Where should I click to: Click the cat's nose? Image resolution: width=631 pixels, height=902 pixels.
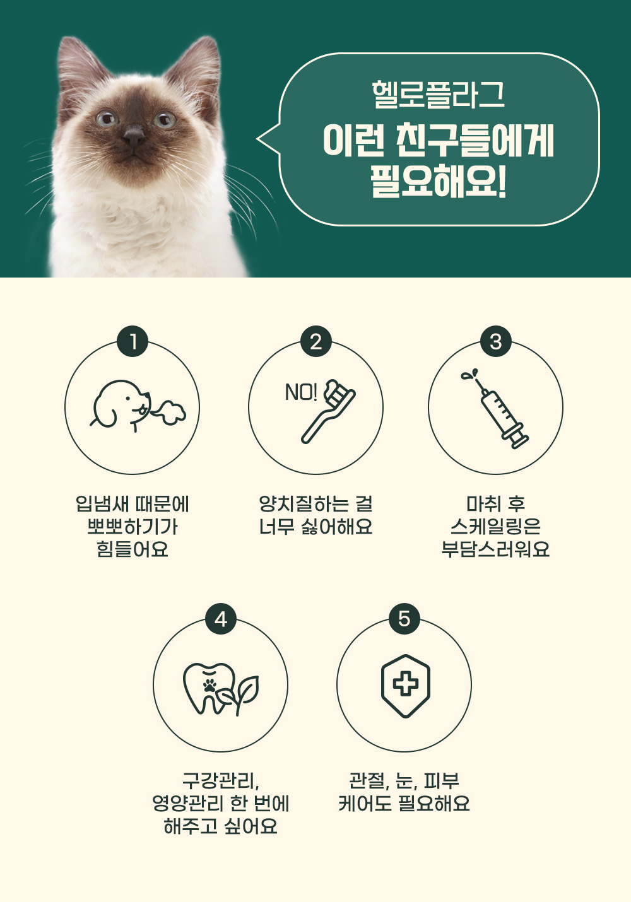pyautogui.click(x=134, y=135)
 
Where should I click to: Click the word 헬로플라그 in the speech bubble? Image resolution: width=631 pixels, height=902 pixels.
pyautogui.click(x=439, y=95)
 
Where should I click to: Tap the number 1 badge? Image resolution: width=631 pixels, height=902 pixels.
pyautogui.click(x=133, y=341)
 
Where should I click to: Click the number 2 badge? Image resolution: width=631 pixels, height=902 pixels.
pyautogui.click(x=316, y=341)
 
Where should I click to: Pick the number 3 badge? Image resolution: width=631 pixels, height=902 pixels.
pyautogui.click(x=495, y=341)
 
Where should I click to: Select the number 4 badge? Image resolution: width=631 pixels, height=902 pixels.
pyautogui.click(x=221, y=619)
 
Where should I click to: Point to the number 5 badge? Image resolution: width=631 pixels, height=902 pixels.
pyautogui.click(x=404, y=619)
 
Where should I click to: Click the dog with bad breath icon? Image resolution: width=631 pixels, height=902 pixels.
pyautogui.click(x=138, y=406)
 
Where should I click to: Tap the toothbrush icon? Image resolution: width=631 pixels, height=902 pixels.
pyautogui.click(x=328, y=411)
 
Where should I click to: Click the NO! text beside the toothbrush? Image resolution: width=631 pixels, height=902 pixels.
pyautogui.click(x=301, y=392)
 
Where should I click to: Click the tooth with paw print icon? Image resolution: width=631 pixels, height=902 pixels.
pyautogui.click(x=221, y=689)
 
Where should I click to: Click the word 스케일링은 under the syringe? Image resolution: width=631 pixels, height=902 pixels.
pyautogui.click(x=495, y=526)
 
